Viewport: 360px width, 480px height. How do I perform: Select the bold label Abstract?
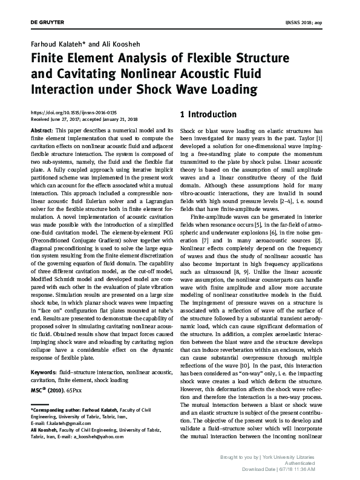coord(41,131)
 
